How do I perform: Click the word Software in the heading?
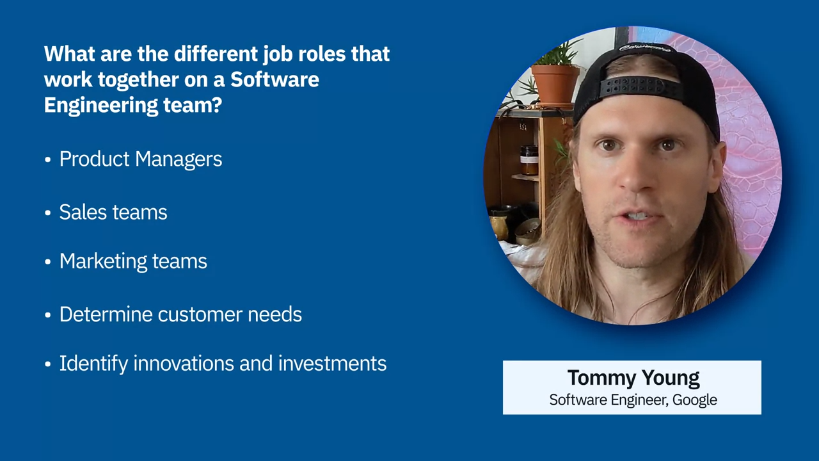[x=274, y=79]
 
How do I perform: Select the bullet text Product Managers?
[x=141, y=159]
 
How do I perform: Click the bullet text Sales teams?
[x=113, y=212]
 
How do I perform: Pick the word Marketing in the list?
[x=103, y=262]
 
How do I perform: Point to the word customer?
[x=200, y=314]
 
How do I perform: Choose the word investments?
[x=332, y=364]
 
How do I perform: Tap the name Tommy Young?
[x=633, y=378]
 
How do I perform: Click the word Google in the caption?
[x=695, y=400]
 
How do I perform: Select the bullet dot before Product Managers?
[x=47, y=160]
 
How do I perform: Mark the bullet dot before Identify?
[x=47, y=364]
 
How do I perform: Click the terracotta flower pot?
[x=555, y=84]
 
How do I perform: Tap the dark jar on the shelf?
[x=529, y=160]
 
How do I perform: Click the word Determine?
[x=106, y=314]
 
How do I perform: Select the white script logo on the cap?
[x=644, y=48]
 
